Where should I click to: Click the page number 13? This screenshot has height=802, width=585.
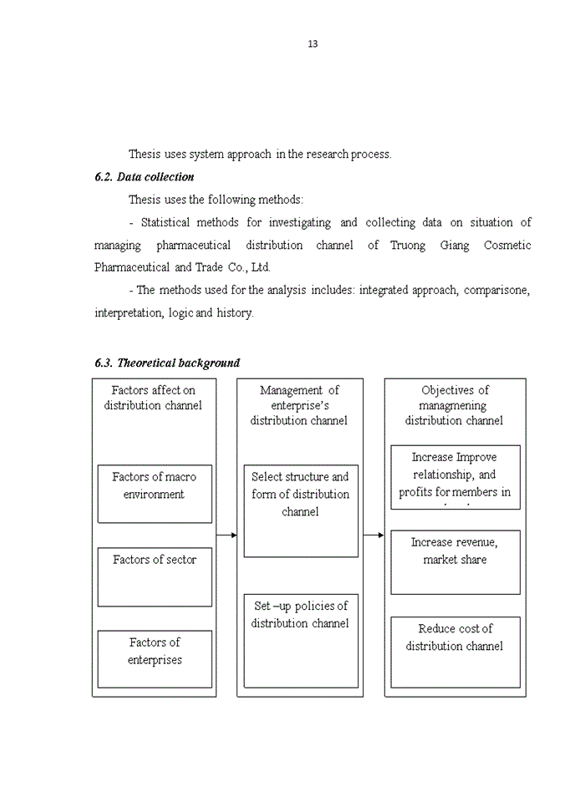[x=313, y=44]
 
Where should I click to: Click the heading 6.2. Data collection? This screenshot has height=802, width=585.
[x=144, y=177]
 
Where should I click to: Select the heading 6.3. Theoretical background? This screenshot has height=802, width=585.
[x=167, y=363]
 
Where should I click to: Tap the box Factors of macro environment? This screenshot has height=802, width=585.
[x=155, y=493]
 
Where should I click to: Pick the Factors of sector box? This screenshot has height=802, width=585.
[x=155, y=576]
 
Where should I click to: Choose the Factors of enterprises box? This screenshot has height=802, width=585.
[x=155, y=658]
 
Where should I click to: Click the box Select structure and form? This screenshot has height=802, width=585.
[x=300, y=510]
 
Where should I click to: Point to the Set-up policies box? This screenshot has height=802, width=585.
[x=300, y=640]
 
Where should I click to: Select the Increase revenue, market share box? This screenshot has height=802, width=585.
[x=455, y=561]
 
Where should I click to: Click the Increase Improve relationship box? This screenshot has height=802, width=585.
[x=455, y=476]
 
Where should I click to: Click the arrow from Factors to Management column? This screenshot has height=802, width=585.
[x=226, y=535]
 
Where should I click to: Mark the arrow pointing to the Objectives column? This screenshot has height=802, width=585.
[x=374, y=535]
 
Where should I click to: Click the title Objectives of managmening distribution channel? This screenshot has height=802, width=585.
[x=455, y=405]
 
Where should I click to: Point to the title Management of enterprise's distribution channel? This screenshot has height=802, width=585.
[x=299, y=405]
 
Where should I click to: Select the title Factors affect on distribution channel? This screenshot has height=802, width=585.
[x=153, y=398]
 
